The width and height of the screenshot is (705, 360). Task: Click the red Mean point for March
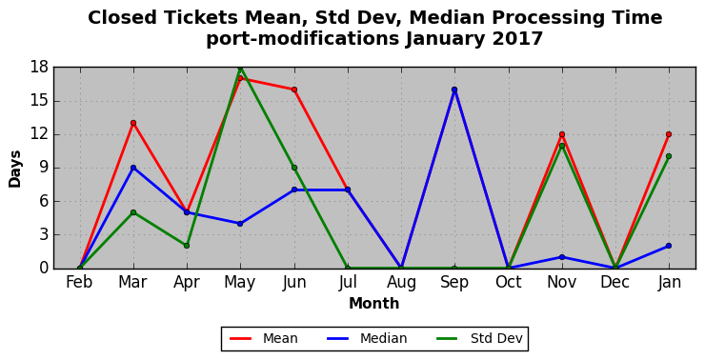[133, 123]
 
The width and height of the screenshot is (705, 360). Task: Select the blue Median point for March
[133, 168]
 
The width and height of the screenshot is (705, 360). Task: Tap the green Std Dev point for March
[133, 212]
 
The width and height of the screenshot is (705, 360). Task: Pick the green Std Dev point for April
[187, 246]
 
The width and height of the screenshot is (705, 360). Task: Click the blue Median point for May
[240, 224]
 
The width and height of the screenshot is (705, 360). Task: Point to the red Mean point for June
[294, 90]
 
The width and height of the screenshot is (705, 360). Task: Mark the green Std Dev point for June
[294, 168]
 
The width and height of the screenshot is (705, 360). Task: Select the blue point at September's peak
[454, 90]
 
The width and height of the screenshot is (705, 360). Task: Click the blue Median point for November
[562, 257]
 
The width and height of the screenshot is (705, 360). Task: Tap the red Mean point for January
[669, 134]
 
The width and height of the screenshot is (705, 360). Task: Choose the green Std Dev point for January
[669, 156]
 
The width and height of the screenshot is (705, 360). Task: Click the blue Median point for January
[669, 246]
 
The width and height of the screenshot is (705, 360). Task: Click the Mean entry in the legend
[264, 338]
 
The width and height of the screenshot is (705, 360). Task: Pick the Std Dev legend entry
[479, 338]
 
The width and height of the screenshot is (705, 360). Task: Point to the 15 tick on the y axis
[39, 101]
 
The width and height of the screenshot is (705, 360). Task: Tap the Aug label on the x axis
[401, 283]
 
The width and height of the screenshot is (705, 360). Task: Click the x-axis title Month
[374, 304]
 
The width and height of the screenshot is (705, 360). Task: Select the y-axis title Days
[14, 169]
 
